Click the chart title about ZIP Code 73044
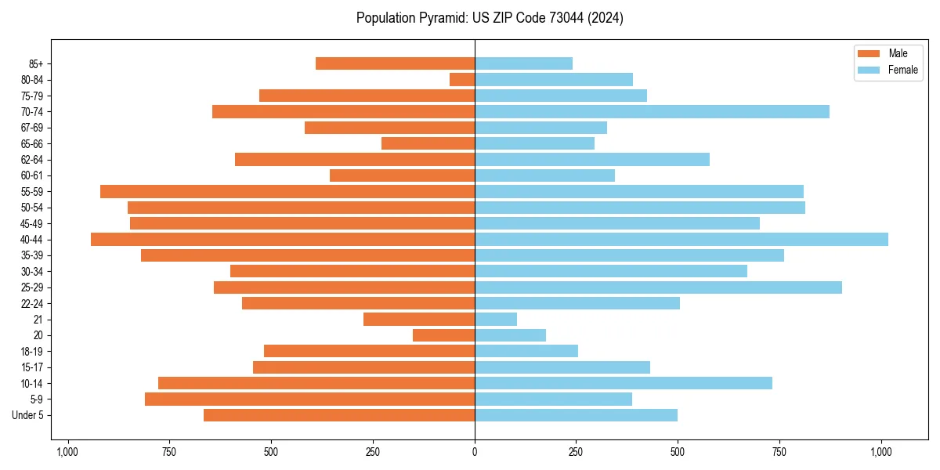click(x=490, y=18)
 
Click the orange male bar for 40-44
click(x=283, y=240)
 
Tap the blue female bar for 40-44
click(x=681, y=240)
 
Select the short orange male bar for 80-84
click(x=462, y=79)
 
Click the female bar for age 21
click(x=496, y=320)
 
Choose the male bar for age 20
click(x=443, y=335)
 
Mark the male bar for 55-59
click(x=287, y=191)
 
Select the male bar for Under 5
click(x=339, y=415)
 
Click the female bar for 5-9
click(x=553, y=399)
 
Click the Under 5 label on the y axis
click(x=28, y=415)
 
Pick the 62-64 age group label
click(x=31, y=159)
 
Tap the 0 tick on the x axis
click(x=475, y=452)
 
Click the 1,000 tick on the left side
click(x=67, y=452)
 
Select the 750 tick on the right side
click(x=779, y=452)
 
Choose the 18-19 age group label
click(x=31, y=352)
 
